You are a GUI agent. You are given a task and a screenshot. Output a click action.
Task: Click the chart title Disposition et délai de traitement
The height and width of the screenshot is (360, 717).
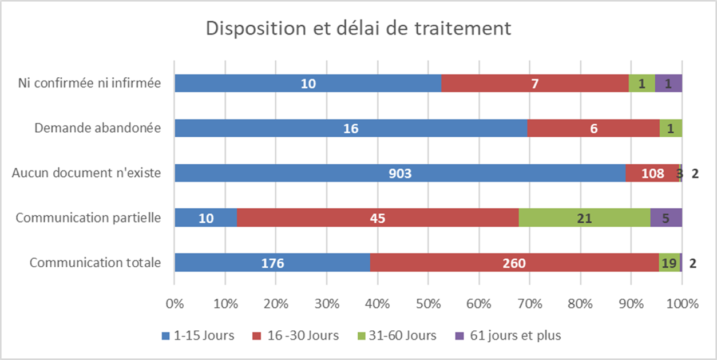358,29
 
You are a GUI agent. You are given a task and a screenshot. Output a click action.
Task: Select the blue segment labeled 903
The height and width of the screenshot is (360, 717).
399,173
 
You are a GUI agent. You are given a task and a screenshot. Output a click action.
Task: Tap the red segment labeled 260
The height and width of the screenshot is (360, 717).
514,263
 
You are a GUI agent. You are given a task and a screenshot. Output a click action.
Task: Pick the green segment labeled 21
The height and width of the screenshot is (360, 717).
584,217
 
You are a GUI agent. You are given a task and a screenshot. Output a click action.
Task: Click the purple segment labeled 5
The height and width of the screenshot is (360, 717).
666,217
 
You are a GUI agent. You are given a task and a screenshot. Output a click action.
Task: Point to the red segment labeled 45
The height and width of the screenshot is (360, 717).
378,217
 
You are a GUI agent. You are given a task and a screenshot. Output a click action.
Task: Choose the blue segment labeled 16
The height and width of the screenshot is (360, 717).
350,128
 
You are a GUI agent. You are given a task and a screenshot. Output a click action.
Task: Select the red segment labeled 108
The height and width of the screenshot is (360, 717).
652,173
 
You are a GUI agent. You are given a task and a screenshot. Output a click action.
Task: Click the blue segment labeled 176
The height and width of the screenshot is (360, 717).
272,263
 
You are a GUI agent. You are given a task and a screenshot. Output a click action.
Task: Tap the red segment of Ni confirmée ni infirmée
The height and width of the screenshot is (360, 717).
534,84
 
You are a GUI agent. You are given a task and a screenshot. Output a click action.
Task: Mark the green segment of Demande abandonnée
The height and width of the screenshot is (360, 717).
671,128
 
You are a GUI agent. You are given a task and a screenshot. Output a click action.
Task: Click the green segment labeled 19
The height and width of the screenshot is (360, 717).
670,263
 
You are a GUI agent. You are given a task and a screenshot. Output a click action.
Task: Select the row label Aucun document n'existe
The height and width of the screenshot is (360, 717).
86,173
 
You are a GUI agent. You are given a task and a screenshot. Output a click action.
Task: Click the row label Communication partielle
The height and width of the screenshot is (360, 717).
88,217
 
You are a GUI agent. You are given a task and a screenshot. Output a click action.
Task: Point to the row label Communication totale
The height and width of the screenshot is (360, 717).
95,263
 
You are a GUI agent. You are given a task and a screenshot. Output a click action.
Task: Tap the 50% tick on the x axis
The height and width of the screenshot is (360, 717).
428,303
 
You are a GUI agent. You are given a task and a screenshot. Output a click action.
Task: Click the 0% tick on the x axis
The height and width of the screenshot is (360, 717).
175,303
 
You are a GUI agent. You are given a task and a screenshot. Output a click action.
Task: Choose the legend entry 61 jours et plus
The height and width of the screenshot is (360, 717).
508,335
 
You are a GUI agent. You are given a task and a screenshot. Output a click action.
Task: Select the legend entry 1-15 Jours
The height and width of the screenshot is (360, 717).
197,335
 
